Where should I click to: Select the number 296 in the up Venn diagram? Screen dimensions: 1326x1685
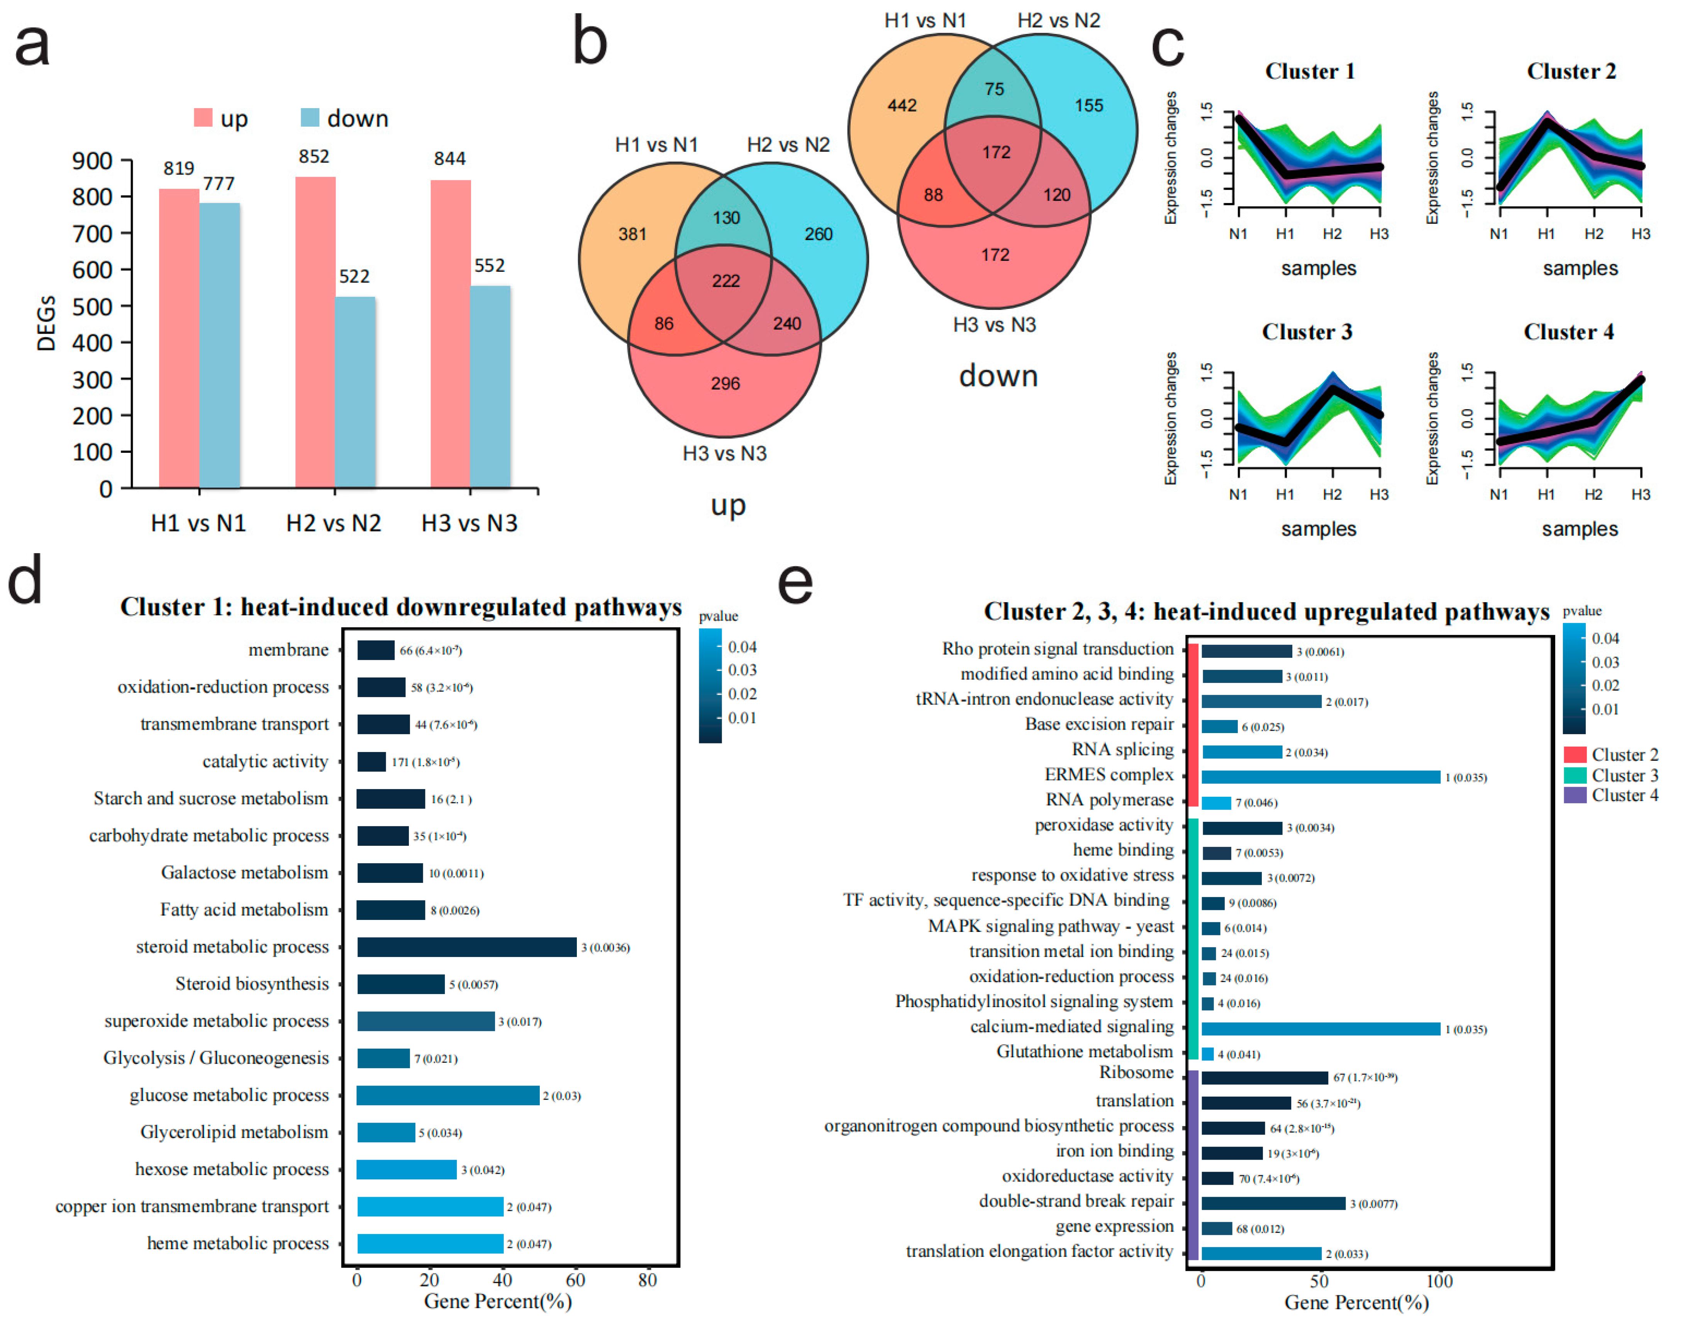pos(725,383)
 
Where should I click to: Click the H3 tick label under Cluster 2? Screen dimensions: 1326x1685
pos(1640,234)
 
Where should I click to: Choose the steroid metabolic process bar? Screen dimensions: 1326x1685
pos(467,947)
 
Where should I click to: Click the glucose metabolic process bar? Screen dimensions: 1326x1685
pos(448,1096)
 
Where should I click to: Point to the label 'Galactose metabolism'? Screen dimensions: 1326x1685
pos(244,873)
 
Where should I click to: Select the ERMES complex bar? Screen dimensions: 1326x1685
pos(1320,777)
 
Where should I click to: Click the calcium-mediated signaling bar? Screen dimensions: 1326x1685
pos(1320,1029)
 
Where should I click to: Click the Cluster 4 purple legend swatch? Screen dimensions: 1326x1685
pos(1574,795)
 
